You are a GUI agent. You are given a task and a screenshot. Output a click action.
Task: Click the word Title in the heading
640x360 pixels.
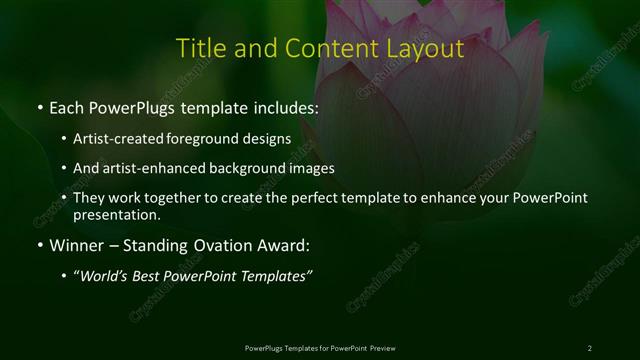point(199,48)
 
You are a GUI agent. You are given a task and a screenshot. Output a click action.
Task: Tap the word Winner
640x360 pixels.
point(73,244)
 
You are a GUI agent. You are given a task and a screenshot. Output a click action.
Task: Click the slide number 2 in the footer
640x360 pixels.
point(590,347)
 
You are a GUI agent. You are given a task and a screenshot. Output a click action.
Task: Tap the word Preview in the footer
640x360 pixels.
point(381,347)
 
